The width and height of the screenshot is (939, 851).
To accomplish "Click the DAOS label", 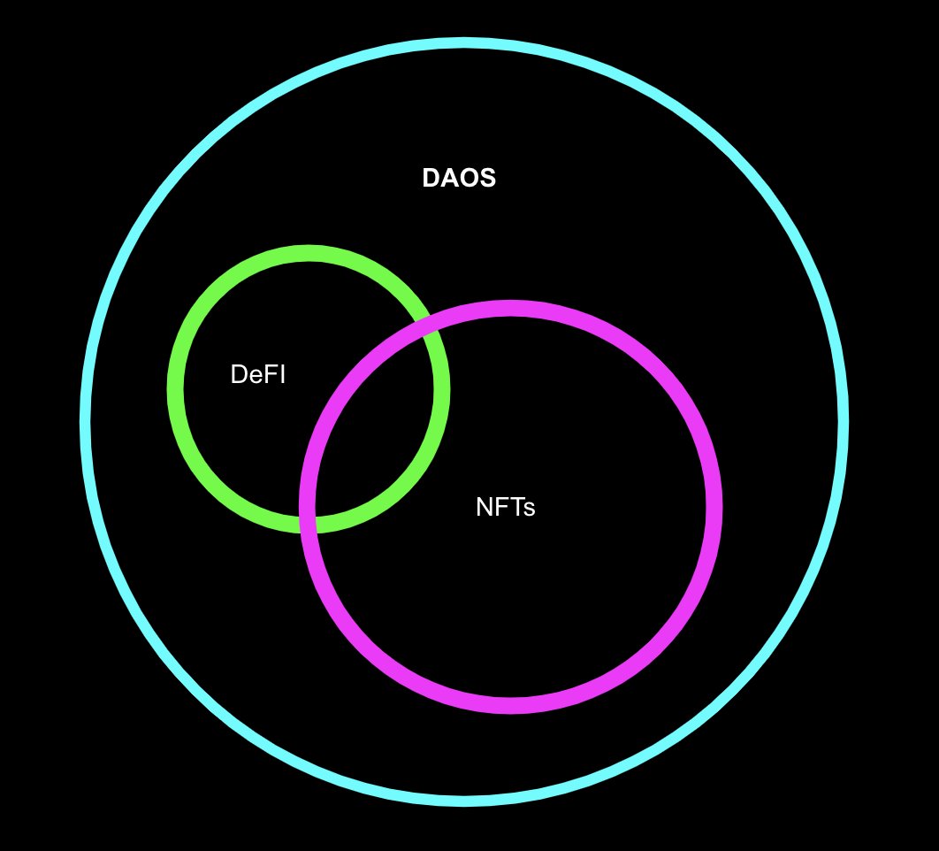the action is (x=459, y=178).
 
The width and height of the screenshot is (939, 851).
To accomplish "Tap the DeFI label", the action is (x=257, y=374).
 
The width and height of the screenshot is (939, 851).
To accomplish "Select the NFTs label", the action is (x=506, y=507).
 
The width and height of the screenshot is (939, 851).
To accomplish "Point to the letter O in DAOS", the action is (x=469, y=178).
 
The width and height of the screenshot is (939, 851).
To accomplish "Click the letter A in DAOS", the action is (x=450, y=178).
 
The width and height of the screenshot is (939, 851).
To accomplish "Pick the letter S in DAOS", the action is (x=488, y=178).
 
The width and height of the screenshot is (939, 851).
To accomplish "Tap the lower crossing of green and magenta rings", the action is (x=307, y=525).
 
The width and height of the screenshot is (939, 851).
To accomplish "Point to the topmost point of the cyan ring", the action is (x=464, y=42).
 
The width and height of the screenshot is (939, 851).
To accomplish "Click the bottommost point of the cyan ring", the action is (x=464, y=801).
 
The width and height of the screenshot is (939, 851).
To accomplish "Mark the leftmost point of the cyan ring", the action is (x=85, y=422).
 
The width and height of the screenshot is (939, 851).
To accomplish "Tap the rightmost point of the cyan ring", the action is (x=844, y=422).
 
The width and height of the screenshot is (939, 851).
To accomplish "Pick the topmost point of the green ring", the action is (x=309, y=253).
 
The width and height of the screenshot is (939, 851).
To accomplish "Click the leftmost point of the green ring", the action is (x=175, y=389).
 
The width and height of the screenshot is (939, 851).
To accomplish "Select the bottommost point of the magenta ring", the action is (x=510, y=705).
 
